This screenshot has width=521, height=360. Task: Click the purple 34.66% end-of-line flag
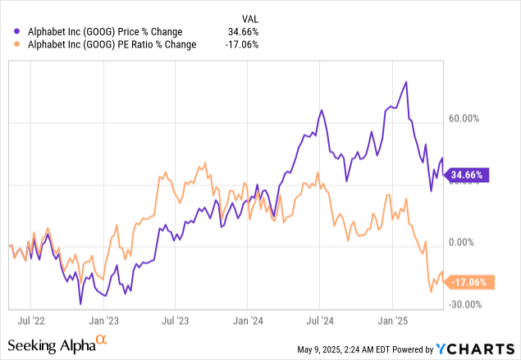[x=468, y=175]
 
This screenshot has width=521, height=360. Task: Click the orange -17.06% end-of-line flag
[x=468, y=282]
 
